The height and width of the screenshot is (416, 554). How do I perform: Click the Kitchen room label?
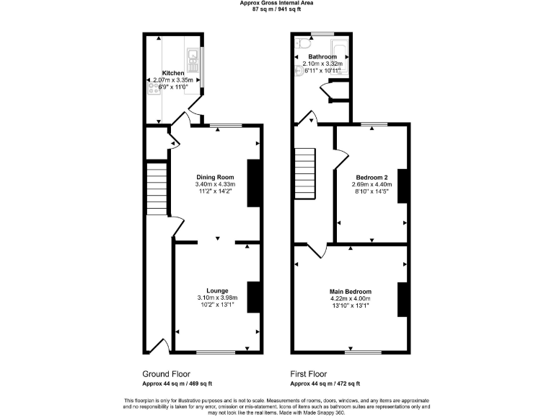click(173, 73)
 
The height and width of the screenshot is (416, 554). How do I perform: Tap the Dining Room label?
click(216, 177)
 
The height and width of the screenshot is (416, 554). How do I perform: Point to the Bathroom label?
click(322, 56)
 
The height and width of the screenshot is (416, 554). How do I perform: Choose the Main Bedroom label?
click(350, 290)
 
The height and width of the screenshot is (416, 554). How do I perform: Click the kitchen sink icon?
click(193, 55)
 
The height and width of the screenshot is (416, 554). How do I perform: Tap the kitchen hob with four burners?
click(154, 89)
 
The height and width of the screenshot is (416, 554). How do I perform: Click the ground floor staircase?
click(156, 187)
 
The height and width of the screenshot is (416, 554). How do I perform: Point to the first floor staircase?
click(306, 173)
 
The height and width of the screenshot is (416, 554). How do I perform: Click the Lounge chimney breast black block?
click(252, 296)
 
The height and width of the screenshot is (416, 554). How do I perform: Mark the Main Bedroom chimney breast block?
click(401, 299)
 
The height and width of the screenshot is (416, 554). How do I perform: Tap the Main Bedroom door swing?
click(317, 251)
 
